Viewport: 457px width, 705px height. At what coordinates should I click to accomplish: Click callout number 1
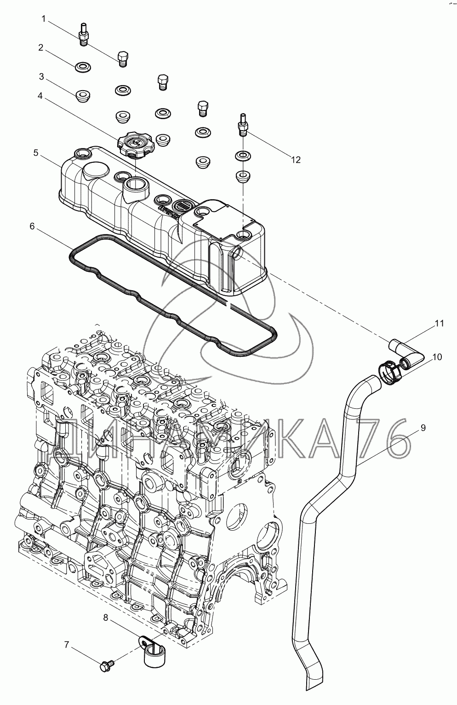(44, 18)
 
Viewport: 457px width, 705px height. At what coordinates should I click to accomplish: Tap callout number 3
(41, 75)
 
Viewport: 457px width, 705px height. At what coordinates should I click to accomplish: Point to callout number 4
(40, 96)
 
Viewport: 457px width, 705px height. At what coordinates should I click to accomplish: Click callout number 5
(35, 152)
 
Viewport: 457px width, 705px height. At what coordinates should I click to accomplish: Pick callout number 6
(32, 226)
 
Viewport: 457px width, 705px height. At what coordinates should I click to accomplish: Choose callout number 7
(66, 645)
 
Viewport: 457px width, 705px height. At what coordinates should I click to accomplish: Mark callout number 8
(106, 618)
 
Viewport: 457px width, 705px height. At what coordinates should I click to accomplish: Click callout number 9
(423, 427)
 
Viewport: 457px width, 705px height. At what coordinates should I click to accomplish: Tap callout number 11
(440, 323)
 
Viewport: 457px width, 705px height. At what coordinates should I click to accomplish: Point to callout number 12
(295, 160)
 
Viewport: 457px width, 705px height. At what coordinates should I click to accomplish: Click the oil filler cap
(133, 143)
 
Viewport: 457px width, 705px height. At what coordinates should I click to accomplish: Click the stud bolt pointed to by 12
(242, 124)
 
